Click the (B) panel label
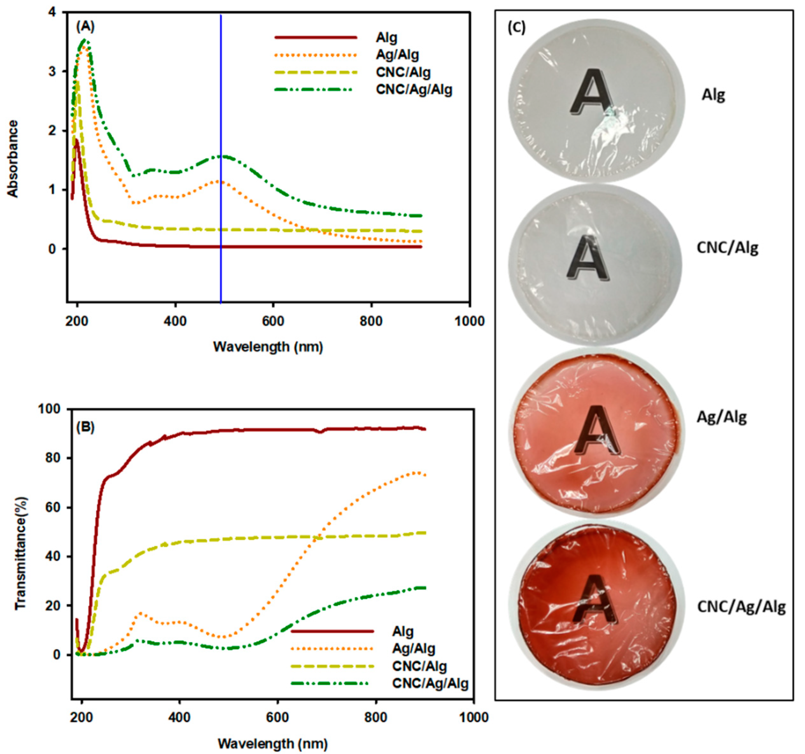[x=86, y=427]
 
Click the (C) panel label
[x=516, y=28]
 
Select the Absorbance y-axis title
[x=13, y=159]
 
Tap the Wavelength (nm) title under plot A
[x=268, y=347]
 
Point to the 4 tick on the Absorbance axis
[x=52, y=12]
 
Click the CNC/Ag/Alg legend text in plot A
[x=414, y=89]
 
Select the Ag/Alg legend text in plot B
[x=413, y=649]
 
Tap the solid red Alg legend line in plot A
[x=316, y=38]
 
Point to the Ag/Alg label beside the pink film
[x=722, y=417]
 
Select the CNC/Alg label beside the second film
[x=727, y=248]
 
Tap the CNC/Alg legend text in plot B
[x=419, y=666]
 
